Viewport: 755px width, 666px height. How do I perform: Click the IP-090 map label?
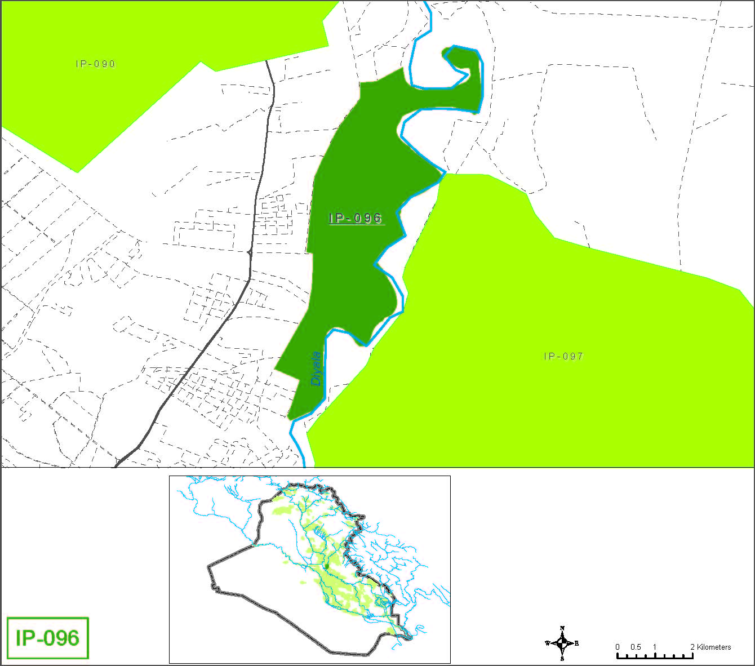pyautogui.click(x=96, y=64)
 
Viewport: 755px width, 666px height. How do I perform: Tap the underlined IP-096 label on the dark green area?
pyautogui.click(x=356, y=218)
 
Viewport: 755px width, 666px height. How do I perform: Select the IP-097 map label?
pyautogui.click(x=563, y=356)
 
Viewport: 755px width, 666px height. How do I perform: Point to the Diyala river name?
pyautogui.click(x=316, y=369)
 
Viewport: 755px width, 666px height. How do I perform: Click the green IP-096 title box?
pyautogui.click(x=48, y=638)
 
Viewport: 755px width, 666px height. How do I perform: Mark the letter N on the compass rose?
pyautogui.click(x=562, y=628)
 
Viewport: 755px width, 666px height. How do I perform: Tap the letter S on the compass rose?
pyautogui.click(x=562, y=659)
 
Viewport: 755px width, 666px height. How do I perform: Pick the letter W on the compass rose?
pyautogui.click(x=547, y=643)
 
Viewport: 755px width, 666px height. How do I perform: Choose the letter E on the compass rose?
pyautogui.click(x=577, y=643)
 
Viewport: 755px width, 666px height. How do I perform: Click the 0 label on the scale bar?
pyautogui.click(x=618, y=647)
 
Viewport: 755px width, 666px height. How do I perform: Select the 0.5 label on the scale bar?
pyautogui.click(x=636, y=647)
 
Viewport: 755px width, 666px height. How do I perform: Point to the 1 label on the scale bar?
pyautogui.click(x=655, y=647)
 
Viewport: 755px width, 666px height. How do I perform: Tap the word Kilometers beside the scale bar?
pyautogui.click(x=714, y=647)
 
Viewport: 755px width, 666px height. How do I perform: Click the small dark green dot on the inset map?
pyautogui.click(x=326, y=565)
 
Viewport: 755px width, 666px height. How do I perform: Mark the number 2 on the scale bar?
pyautogui.click(x=692, y=647)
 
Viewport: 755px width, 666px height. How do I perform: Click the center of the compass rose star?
pyautogui.click(x=562, y=643)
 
